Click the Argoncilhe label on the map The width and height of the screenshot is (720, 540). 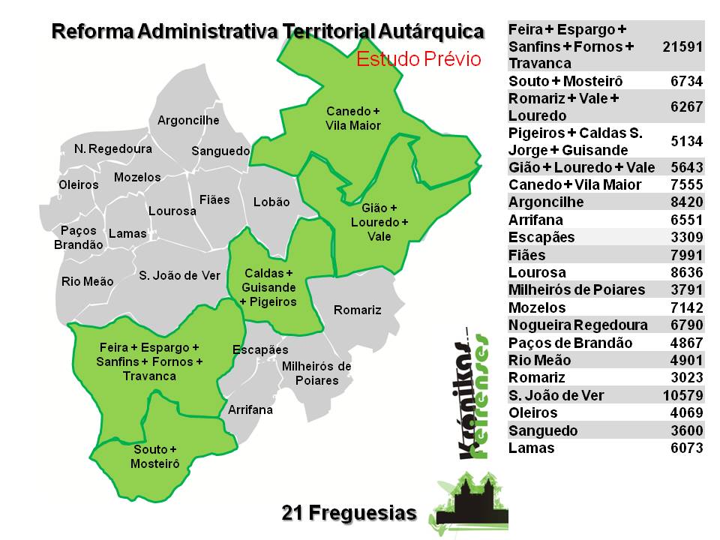coord(188,120)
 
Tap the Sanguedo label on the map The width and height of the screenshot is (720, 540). coord(220,151)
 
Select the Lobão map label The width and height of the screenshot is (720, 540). coord(271,202)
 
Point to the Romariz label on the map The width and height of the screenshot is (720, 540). coord(357,310)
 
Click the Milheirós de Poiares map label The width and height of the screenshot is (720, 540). coord(316,373)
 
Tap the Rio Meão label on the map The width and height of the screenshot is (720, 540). coord(88,281)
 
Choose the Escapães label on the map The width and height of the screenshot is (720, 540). coord(260,349)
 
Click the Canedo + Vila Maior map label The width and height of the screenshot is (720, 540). coord(353,118)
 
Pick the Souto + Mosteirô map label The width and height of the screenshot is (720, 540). coord(155,457)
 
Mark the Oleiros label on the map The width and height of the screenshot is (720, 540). coord(79,184)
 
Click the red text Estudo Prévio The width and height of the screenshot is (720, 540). coord(418,60)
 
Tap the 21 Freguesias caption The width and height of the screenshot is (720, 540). coord(349,513)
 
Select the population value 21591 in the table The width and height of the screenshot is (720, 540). coord(682,46)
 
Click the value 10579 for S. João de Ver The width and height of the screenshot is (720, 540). coord(682,395)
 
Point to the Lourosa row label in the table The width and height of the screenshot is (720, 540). coord(537,272)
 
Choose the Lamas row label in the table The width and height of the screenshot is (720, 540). coord(531,448)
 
